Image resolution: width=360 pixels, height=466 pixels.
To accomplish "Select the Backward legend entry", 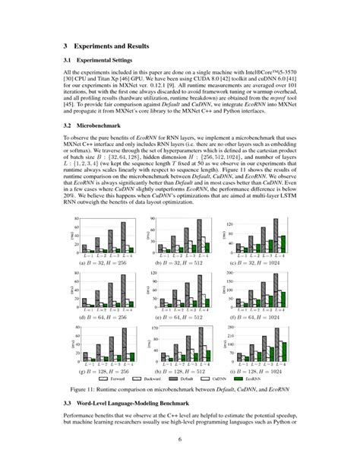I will click(x=154, y=378).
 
